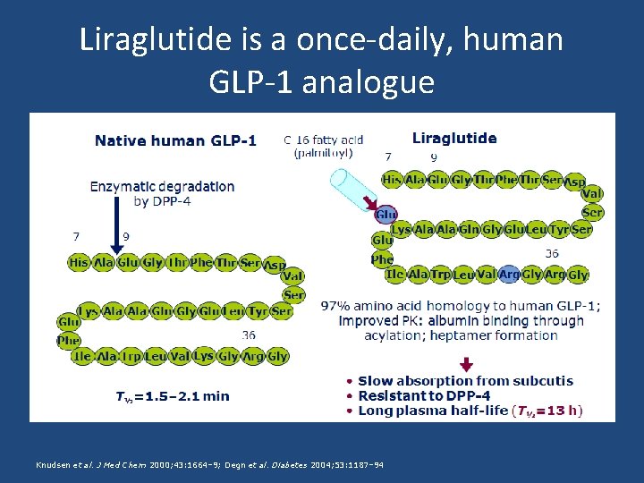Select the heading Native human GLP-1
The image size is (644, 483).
[175, 140]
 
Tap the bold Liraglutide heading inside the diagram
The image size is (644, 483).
[454, 139]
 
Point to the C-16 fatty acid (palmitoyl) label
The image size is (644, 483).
[323, 146]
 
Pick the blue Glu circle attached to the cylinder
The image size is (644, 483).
[386, 215]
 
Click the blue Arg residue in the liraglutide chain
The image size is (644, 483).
[510, 275]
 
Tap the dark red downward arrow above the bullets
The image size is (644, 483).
[465, 363]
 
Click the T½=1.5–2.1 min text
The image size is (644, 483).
[173, 395]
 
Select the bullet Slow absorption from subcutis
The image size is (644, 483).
[465, 381]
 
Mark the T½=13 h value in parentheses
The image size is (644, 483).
[547, 411]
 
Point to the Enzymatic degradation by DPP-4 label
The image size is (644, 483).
[162, 193]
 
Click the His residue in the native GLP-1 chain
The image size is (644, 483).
[79, 263]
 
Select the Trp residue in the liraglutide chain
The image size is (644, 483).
[441, 275]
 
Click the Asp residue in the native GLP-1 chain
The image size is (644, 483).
[275, 266]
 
